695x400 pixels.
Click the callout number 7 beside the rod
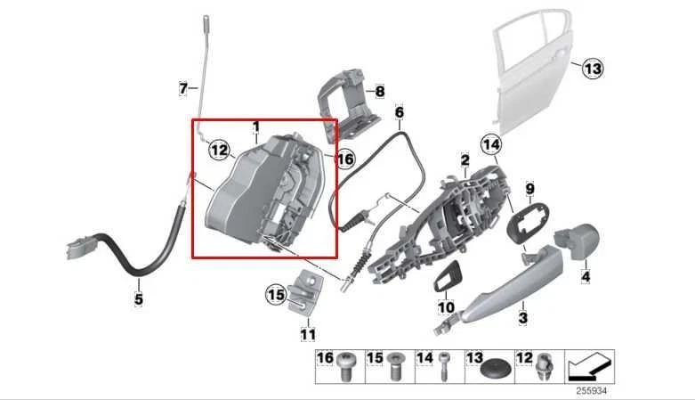(x=183, y=88)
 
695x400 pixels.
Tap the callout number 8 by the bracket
(x=380, y=91)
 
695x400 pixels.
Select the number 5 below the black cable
(x=138, y=299)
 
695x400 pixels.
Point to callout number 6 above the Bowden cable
(x=400, y=113)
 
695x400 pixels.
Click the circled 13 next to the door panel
(x=593, y=68)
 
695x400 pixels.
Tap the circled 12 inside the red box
(x=219, y=151)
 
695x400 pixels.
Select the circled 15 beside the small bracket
(x=276, y=293)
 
